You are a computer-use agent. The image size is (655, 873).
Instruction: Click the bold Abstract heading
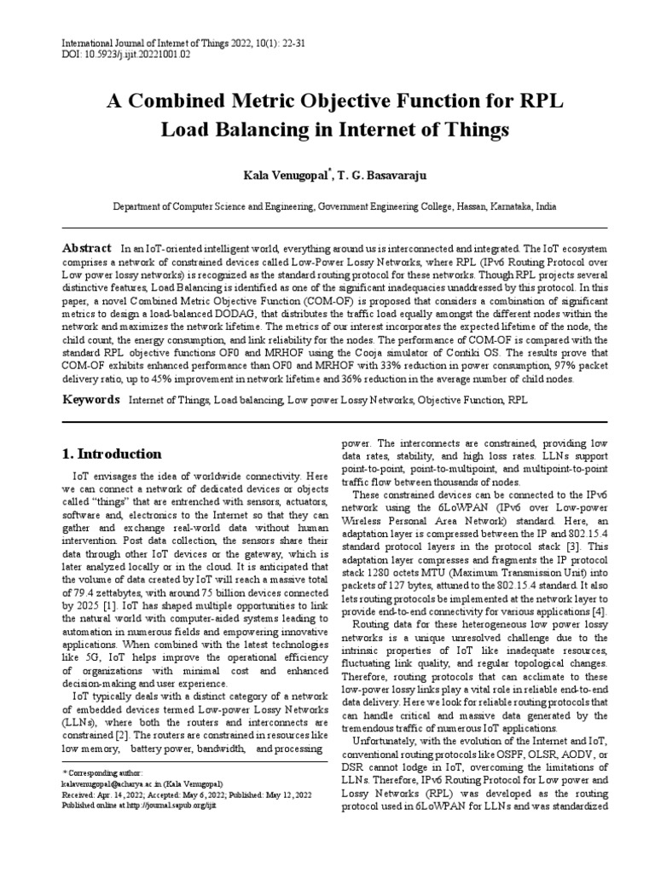click(88, 246)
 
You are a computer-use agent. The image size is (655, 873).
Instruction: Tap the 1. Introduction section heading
click(113, 454)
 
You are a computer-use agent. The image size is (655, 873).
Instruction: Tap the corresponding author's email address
click(110, 783)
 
